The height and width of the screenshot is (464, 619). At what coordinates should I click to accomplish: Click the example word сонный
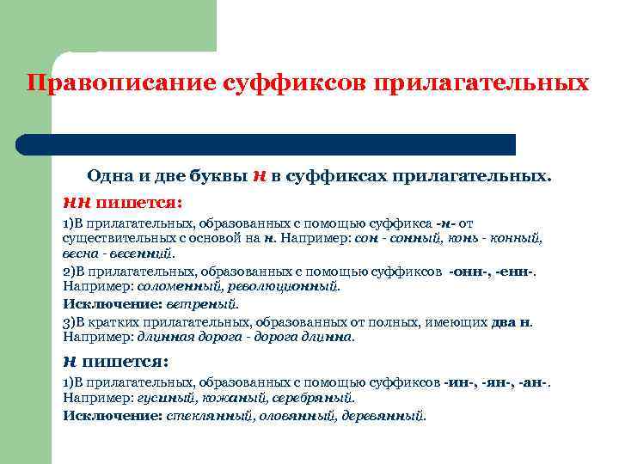pos(413,238)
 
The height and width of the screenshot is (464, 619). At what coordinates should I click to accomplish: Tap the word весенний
pos(144,253)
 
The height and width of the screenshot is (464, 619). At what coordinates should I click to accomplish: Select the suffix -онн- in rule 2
pos(470,271)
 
